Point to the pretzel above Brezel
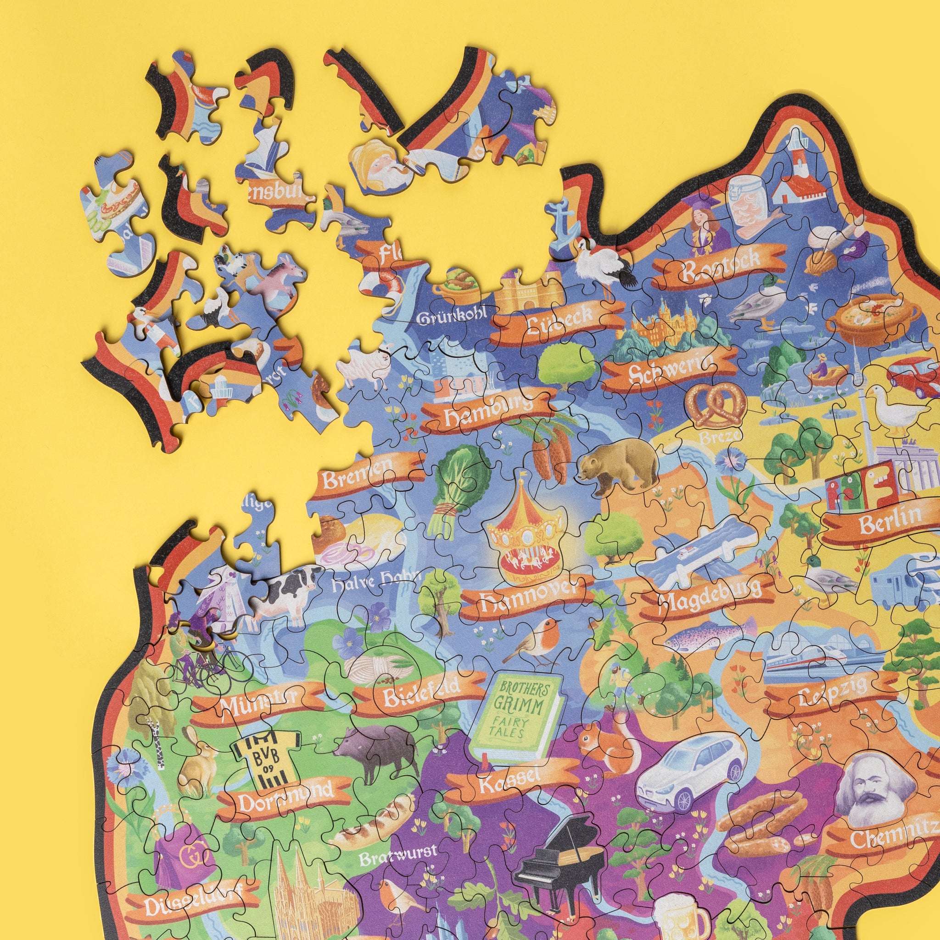[x=715, y=406]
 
